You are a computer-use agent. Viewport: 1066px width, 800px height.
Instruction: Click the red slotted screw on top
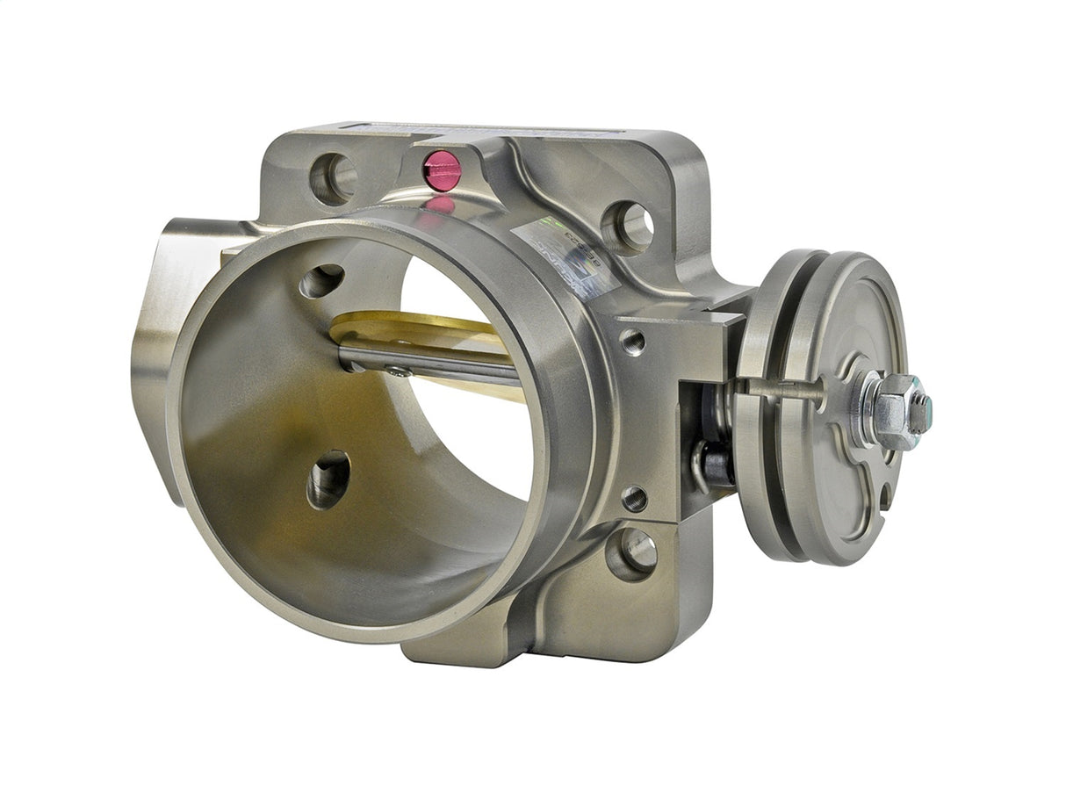[x=442, y=169]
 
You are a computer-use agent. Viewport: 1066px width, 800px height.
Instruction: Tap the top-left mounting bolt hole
[x=334, y=178]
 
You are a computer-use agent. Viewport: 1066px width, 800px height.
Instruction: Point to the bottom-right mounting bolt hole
[x=632, y=553]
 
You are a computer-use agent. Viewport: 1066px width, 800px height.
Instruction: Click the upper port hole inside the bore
[x=321, y=281]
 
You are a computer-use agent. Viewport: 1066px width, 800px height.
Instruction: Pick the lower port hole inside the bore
[x=328, y=479]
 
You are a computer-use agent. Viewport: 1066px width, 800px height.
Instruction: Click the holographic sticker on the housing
[x=550, y=241]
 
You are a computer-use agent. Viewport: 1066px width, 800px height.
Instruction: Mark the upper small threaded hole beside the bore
[x=631, y=341]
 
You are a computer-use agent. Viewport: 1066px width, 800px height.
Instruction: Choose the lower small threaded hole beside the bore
[x=634, y=499]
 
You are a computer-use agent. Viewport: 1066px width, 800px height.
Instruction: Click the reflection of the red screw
[x=442, y=205]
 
